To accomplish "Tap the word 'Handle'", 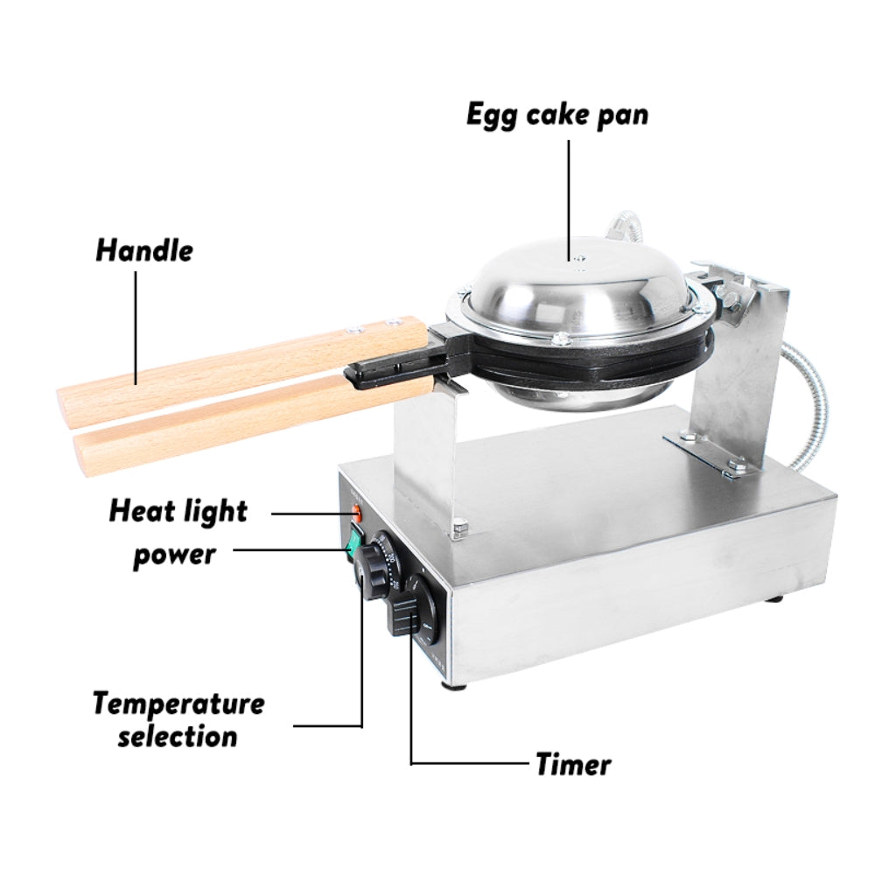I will tap(144, 250).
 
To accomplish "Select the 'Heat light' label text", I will tap(178, 511).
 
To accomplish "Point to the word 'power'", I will tap(173, 555).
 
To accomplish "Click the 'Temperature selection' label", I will tap(178, 718).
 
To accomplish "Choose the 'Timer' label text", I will tap(573, 764).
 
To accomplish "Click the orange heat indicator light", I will tap(356, 515).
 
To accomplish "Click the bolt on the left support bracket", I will tap(458, 527).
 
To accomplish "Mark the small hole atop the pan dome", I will tap(577, 259).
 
